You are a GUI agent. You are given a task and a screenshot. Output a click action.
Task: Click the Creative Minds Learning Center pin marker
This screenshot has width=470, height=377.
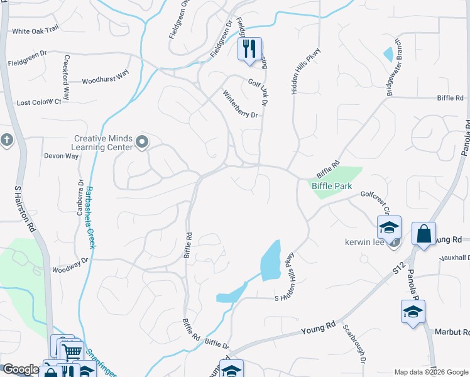pyautogui.click(x=142, y=143)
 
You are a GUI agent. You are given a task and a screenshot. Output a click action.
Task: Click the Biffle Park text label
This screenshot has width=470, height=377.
pyautogui.click(x=332, y=187)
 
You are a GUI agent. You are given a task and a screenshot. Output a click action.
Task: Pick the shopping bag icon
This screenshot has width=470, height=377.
pyautogui.click(x=425, y=234)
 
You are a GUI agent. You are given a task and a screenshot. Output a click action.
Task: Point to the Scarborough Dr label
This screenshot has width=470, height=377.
pyautogui.click(x=353, y=344)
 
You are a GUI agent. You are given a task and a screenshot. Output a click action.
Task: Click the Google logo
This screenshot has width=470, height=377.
pyautogui.click(x=20, y=369)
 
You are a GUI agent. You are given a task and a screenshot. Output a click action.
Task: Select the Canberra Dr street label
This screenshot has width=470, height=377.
pyautogui.click(x=80, y=195)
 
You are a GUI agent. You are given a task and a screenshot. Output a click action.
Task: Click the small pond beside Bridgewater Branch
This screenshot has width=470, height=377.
pyautogui.click(x=388, y=55)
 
